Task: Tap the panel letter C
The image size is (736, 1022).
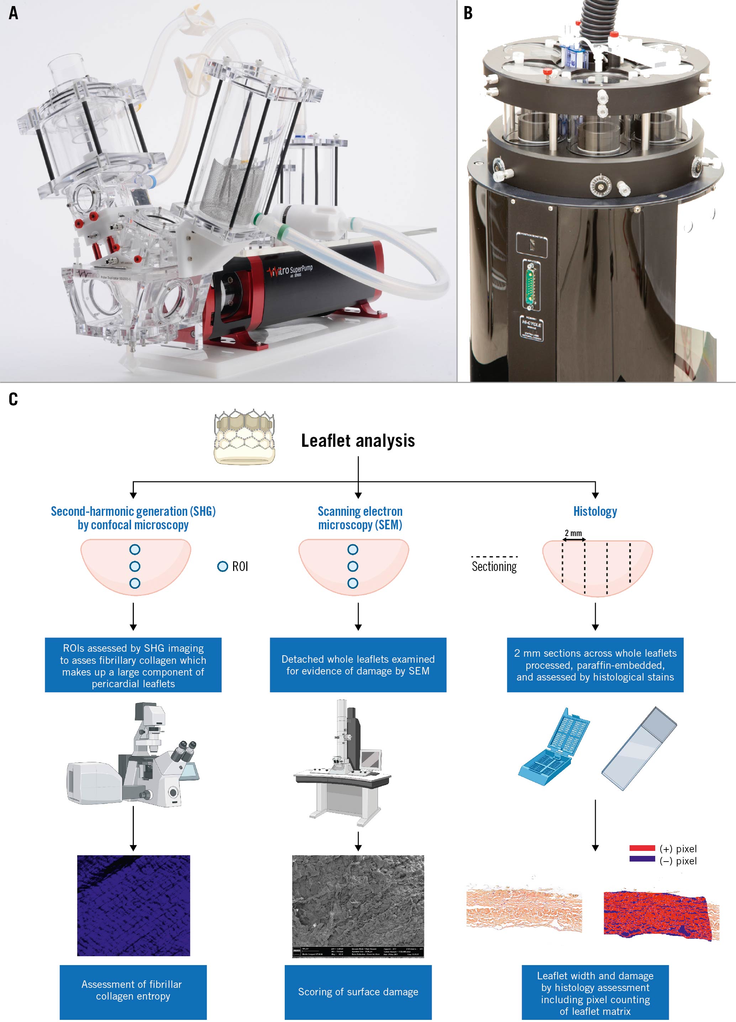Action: click(x=14, y=399)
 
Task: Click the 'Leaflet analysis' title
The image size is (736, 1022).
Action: click(x=358, y=441)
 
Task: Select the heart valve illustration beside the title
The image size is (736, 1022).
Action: click(x=244, y=437)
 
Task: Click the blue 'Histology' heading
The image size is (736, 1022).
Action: click(x=595, y=512)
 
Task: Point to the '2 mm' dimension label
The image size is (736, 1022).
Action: click(x=573, y=533)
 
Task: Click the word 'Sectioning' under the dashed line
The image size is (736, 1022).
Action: click(x=494, y=566)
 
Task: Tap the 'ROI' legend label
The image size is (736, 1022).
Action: click(x=240, y=566)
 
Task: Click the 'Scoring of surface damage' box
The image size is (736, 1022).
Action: click(x=358, y=992)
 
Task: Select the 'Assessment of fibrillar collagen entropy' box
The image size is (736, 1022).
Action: click(x=133, y=990)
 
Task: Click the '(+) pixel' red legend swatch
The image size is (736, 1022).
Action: click(x=642, y=848)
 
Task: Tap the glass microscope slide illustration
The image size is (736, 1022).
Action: click(x=639, y=748)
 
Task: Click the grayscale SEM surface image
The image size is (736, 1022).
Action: click(x=358, y=901)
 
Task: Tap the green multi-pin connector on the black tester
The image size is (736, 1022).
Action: click(x=531, y=284)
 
